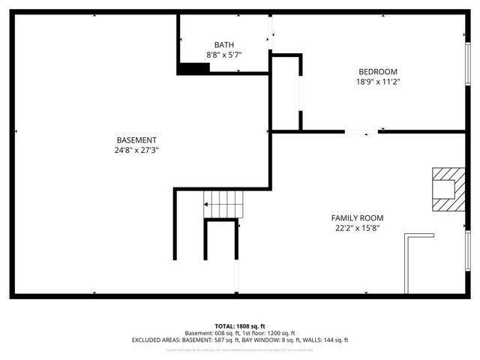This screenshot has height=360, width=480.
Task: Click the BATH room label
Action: tap(223, 45)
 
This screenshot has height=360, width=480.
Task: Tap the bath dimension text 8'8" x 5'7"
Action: tap(223, 55)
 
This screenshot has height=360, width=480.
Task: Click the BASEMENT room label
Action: tap(136, 140)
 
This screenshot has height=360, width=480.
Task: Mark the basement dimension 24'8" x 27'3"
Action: tap(136, 150)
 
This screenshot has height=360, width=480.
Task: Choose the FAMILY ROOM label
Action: tap(357, 218)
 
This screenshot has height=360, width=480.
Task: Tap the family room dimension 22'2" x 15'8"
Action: tap(357, 228)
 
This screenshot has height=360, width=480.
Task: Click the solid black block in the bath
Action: tap(193, 68)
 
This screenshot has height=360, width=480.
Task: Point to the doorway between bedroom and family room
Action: tap(361, 132)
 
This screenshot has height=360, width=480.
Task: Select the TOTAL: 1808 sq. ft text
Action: tap(240, 326)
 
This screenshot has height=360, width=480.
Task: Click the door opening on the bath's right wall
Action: tap(271, 34)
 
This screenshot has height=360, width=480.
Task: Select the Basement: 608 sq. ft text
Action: tap(213, 333)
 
